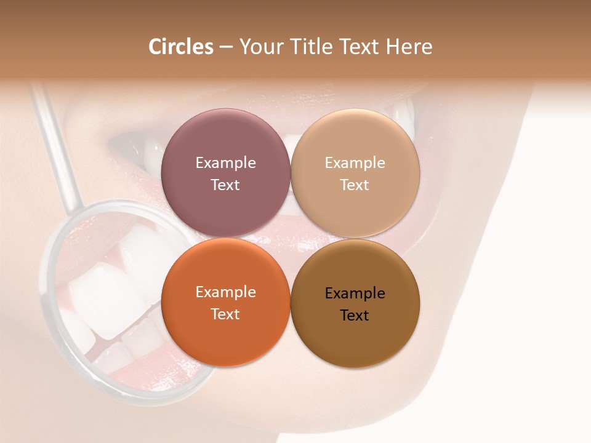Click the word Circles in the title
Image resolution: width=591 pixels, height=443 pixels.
(x=180, y=47)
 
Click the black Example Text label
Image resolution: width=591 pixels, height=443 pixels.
(x=355, y=304)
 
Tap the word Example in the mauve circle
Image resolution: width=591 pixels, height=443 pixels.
(x=225, y=163)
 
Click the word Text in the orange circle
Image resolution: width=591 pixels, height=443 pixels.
(x=225, y=314)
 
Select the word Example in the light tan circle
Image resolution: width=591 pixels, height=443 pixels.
(x=355, y=163)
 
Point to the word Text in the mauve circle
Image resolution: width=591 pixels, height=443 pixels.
(x=225, y=185)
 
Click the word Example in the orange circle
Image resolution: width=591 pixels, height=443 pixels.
(x=225, y=292)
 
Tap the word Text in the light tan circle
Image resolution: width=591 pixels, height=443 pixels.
(x=355, y=185)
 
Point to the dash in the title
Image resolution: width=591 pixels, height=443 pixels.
(x=226, y=47)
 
